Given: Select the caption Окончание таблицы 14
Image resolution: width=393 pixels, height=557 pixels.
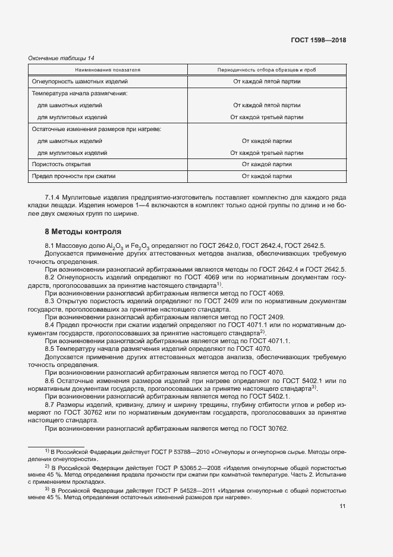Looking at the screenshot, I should pos(61,58).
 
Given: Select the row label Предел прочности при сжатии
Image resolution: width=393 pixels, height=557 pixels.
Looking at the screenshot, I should pos(73,176).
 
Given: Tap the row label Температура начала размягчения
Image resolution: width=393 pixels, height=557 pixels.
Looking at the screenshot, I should pos(80,94).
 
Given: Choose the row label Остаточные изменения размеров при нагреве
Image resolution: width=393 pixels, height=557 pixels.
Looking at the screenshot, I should pos(96,129).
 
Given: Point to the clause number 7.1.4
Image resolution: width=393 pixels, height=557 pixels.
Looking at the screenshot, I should pos(54,197).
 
